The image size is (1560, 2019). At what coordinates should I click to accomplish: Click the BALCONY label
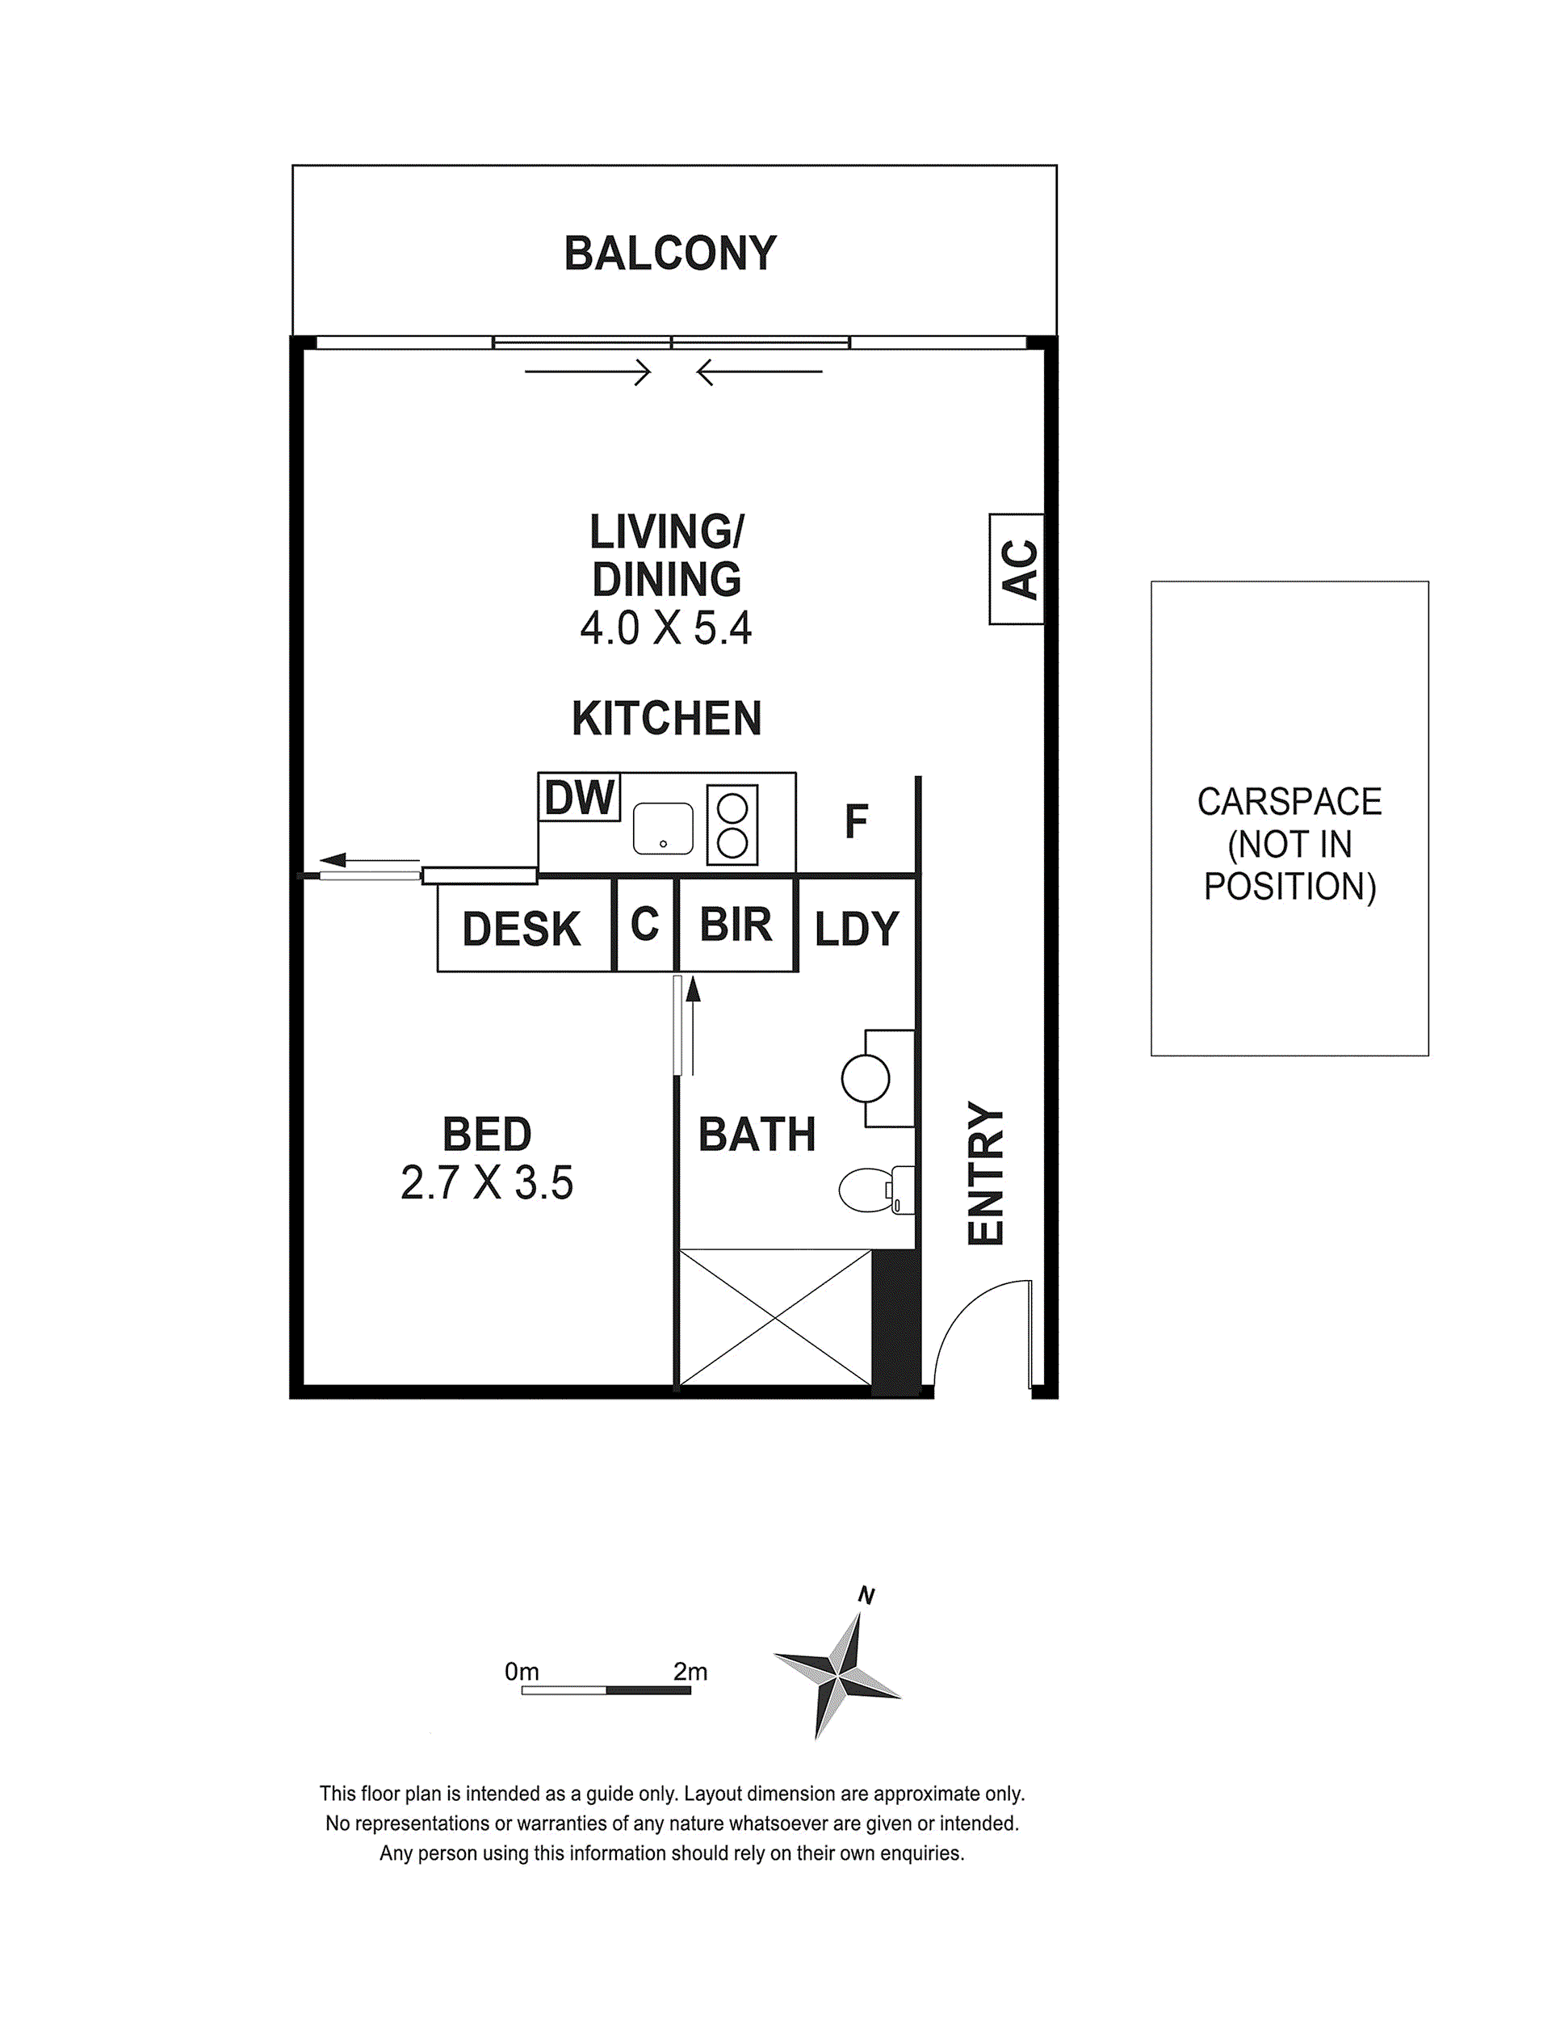[x=670, y=254]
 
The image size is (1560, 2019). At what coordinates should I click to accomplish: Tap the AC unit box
[x=1017, y=569]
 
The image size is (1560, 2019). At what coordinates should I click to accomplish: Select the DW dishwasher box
[x=580, y=797]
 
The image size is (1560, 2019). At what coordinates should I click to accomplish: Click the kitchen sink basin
[x=663, y=829]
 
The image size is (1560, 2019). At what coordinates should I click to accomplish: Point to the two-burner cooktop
[x=732, y=825]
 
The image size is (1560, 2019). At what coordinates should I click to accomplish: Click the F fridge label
[x=857, y=821]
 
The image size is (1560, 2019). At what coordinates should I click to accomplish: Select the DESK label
[x=522, y=929]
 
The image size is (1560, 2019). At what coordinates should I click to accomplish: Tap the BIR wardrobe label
[x=736, y=925]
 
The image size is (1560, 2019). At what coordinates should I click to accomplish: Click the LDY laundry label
[x=857, y=929]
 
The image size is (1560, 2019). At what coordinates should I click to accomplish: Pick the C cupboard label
[x=645, y=924]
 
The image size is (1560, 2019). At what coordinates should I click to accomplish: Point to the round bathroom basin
[x=866, y=1078]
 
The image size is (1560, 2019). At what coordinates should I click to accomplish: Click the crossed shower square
[x=775, y=1318]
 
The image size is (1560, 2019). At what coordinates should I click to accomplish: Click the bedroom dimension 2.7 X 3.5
[x=487, y=1182]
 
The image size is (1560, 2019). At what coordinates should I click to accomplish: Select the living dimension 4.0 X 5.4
[x=666, y=628]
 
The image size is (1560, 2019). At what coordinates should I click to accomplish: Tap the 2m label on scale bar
[x=690, y=1672]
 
